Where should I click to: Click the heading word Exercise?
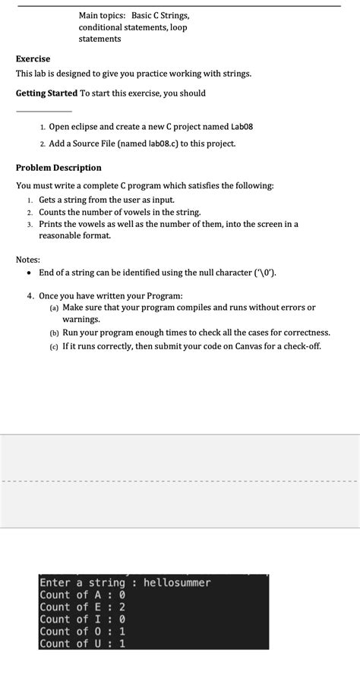[x=33, y=58]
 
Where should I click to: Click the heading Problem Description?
[x=58, y=168]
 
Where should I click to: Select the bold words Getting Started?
[x=46, y=93]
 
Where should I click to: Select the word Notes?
[x=29, y=260]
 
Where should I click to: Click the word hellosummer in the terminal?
[x=177, y=583]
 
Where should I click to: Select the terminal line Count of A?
[x=82, y=595]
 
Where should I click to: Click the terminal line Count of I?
[x=82, y=620]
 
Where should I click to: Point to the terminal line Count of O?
[x=82, y=632]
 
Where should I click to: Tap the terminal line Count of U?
[x=82, y=644]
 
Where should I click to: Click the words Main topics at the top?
[x=102, y=15]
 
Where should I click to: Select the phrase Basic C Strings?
[x=160, y=15]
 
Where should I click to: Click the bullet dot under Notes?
[x=29, y=273]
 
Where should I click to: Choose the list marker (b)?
[x=54, y=333]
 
